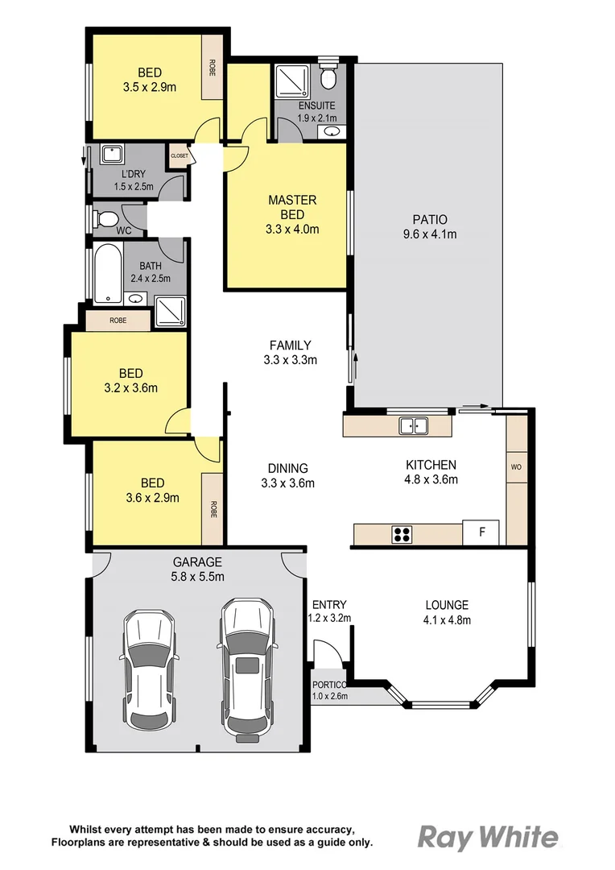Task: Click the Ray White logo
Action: tap(487, 838)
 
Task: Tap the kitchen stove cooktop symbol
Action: tap(402, 533)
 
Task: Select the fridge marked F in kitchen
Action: tap(481, 532)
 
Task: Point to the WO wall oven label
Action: tap(516, 467)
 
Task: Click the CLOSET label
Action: tap(179, 155)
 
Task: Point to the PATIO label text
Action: tap(430, 219)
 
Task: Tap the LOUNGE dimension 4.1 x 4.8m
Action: tap(447, 619)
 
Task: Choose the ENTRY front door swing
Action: tap(325, 652)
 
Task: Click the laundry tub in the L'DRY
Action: tap(112, 154)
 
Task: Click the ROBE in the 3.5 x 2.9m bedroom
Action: tap(213, 67)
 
